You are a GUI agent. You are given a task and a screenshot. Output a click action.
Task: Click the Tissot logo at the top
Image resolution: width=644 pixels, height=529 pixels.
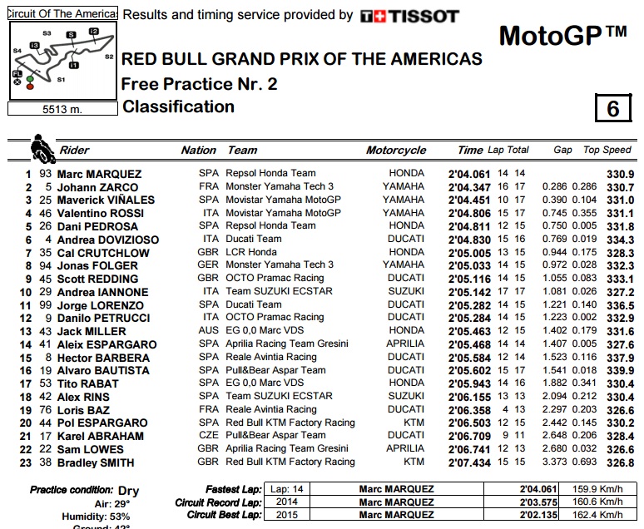[409, 16]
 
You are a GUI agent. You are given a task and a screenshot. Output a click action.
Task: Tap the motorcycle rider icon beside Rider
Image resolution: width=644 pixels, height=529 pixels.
[40, 149]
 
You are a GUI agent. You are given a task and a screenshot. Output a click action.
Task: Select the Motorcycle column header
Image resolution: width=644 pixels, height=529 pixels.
[395, 151]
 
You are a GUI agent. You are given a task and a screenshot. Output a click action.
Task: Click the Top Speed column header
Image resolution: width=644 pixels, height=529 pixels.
[607, 150]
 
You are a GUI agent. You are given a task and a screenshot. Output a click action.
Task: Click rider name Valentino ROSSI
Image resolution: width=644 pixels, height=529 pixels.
[100, 213]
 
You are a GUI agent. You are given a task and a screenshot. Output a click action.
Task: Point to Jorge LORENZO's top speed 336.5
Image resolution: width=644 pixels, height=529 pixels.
[621, 304]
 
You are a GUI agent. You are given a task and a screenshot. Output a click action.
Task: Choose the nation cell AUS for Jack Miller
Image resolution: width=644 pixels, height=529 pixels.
[210, 331]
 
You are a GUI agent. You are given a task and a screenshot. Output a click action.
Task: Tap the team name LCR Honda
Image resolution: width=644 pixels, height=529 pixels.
[251, 252]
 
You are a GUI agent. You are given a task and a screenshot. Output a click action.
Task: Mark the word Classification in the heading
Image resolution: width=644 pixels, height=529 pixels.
[178, 106]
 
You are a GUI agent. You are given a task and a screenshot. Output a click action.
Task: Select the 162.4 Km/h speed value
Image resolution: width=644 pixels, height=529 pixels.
[592, 516]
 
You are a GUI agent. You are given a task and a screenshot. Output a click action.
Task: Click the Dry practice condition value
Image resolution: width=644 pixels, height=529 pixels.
[128, 491]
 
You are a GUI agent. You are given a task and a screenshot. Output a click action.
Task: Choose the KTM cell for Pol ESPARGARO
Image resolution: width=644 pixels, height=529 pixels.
[414, 423]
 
